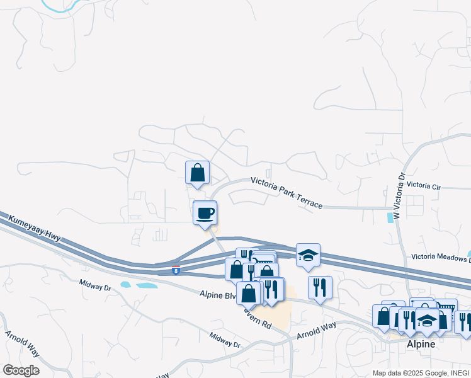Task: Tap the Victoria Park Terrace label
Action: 287,192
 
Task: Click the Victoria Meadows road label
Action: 440,257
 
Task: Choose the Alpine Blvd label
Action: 218,294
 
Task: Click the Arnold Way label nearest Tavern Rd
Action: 316,329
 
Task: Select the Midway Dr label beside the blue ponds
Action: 96,285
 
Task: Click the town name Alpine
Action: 420,344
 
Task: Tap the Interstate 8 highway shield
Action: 176,270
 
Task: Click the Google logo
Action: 21,370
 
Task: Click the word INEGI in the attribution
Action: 458,373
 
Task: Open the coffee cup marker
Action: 205,212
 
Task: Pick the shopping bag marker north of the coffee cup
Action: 197,173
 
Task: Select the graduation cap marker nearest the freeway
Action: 308,255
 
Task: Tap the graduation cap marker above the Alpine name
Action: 427,320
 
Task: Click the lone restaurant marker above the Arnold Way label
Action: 320,287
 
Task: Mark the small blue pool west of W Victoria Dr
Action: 389,218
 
